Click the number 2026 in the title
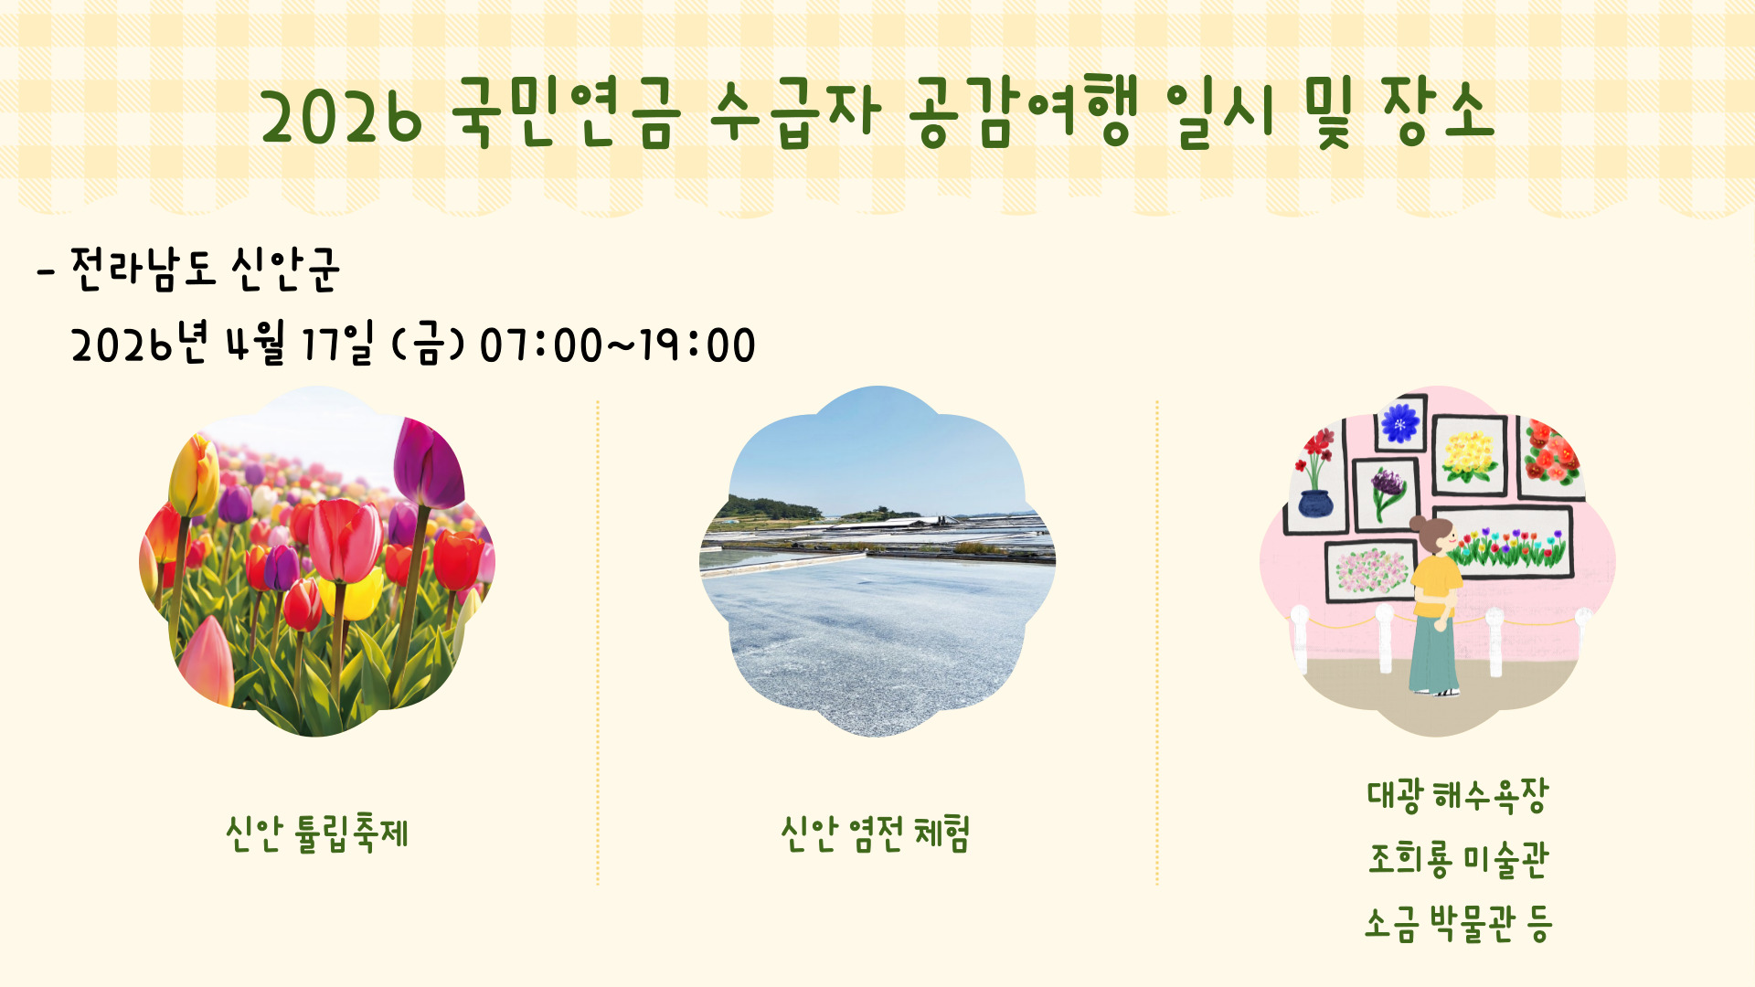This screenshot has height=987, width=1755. pyautogui.click(x=342, y=118)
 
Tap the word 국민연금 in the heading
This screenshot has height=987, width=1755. pyautogui.click(x=567, y=113)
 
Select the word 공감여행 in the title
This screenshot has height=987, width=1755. pyautogui.click(x=1024, y=113)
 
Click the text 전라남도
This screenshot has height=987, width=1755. pyautogui.click(x=143, y=270)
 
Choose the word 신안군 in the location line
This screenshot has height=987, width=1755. pyautogui.click(x=285, y=270)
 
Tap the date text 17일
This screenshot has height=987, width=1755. pyautogui.click(x=337, y=344)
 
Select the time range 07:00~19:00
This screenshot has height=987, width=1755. pyautogui.click(x=618, y=345)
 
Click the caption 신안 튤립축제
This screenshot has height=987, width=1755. pyautogui.click(x=317, y=833)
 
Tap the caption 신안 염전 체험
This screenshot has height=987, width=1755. pyautogui.click(x=876, y=833)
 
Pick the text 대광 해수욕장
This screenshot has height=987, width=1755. pyautogui.click(x=1458, y=795)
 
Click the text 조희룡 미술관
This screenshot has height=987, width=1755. pyautogui.click(x=1458, y=859)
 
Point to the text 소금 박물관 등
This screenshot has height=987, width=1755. pyautogui.click(x=1458, y=923)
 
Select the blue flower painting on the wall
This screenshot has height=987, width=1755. pyautogui.click(x=1399, y=423)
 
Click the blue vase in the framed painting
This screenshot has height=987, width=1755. pyautogui.click(x=1314, y=503)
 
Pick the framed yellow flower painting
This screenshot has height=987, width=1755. pyautogui.click(x=1469, y=455)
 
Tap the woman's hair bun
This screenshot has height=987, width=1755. pyautogui.click(x=1417, y=525)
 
